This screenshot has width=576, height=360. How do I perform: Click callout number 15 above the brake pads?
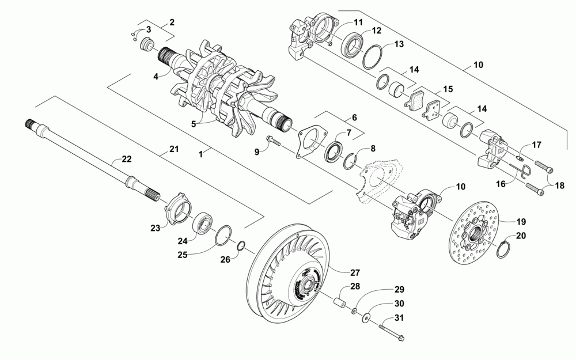(448, 89)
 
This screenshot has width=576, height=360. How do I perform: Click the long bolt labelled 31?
(391, 330)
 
